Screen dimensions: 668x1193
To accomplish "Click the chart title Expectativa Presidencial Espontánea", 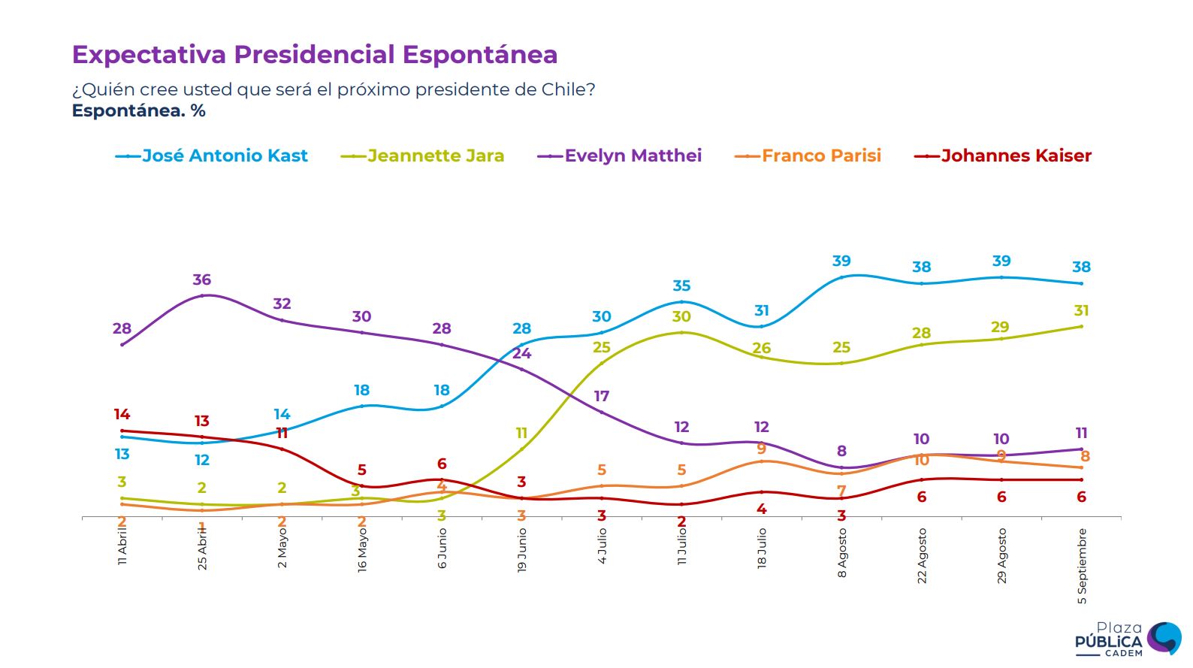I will [314, 55].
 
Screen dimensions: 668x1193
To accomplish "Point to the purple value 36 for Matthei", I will [201, 280].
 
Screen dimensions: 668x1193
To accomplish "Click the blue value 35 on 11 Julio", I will [681, 286].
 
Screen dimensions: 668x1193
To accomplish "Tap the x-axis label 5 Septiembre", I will [1082, 566].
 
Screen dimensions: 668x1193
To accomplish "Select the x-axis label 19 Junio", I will [521, 550].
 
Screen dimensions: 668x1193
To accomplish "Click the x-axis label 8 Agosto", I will [841, 552].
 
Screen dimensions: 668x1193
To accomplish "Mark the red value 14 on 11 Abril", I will [122, 414].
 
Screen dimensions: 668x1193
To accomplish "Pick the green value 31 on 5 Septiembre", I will [1081, 310].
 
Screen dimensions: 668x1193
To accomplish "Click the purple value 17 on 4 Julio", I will [602, 396].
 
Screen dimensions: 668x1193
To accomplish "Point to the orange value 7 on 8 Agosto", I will [841, 490].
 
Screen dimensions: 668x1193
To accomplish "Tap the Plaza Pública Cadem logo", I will [1127, 639].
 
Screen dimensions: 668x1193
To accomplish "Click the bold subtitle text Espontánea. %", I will [138, 111].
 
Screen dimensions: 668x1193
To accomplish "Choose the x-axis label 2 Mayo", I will [282, 547].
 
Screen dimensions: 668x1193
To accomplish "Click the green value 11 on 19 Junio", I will [521, 433].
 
